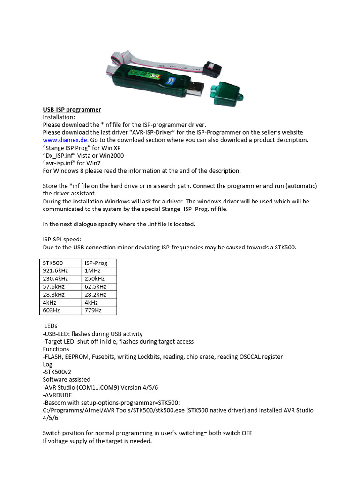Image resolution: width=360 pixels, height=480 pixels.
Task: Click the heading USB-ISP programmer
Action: [x=72, y=110]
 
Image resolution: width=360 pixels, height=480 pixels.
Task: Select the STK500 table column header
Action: [x=52, y=263]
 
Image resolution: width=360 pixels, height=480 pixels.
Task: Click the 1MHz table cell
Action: [x=92, y=271]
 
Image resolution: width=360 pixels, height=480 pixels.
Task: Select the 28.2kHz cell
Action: [x=95, y=294]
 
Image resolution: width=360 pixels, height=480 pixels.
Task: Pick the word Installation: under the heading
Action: [x=59, y=117]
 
